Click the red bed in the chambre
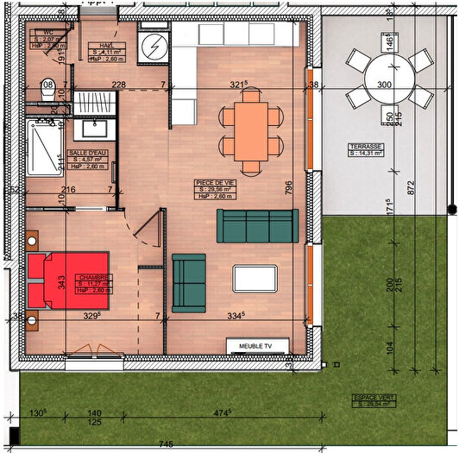click(x=69, y=280)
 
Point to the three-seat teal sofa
click(x=257, y=226)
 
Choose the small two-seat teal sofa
click(x=189, y=282)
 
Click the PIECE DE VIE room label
click(x=216, y=184)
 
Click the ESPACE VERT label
click(x=369, y=399)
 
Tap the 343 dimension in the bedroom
click(x=61, y=281)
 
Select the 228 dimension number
click(x=119, y=85)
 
